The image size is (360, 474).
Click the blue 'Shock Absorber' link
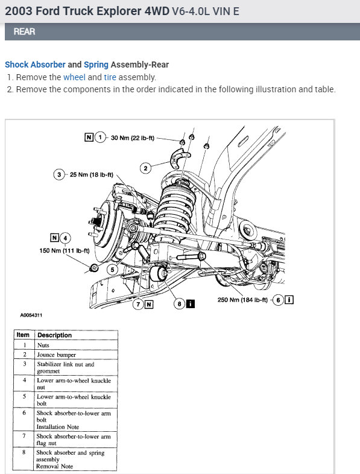tap(35, 65)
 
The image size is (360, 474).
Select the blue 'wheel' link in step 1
tap(74, 77)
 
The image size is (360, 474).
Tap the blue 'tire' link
tap(110, 77)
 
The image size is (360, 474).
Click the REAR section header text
tap(25, 31)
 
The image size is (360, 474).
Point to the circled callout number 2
tap(145, 168)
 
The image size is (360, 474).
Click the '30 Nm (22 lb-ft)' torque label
tap(133, 138)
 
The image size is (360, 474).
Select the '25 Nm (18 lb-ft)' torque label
tap(91, 175)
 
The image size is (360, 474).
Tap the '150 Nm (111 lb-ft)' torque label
tap(65, 251)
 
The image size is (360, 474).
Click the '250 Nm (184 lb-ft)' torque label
tap(242, 300)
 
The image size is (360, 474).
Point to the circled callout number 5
tap(112, 270)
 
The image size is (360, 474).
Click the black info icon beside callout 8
tap(191, 303)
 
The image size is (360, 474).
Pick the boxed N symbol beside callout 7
tap(149, 304)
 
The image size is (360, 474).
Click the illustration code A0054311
tap(31, 315)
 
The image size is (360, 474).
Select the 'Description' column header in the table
tap(54, 335)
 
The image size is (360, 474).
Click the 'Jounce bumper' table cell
tap(56, 355)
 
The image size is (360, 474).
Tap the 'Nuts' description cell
tap(43, 345)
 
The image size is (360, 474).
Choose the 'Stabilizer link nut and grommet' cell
tap(65, 368)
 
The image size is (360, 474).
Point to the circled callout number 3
tap(59, 174)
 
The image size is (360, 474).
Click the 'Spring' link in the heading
tap(96, 65)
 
